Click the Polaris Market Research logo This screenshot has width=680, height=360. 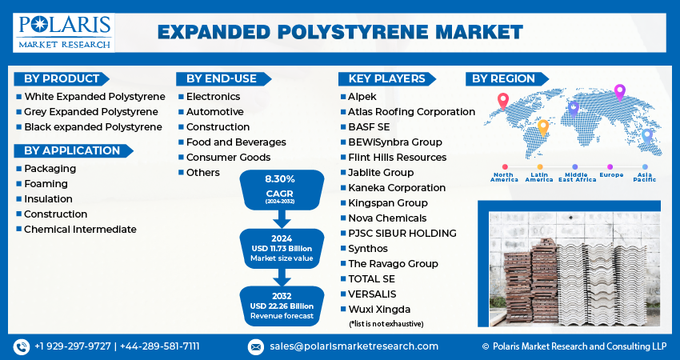pos(63,32)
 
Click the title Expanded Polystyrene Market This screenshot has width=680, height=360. pos(340,32)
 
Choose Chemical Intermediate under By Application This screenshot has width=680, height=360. pos(80,229)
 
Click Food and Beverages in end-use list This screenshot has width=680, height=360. pos(236,142)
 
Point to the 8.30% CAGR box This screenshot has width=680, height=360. pos(280,190)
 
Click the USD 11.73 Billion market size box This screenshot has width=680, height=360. pos(280,249)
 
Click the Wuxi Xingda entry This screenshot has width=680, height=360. pos(379,309)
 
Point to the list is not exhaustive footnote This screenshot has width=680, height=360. pos(386,323)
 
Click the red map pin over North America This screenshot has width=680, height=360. pos(502,100)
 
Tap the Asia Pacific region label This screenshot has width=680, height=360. pos(645,177)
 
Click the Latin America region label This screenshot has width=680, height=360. pos(539,177)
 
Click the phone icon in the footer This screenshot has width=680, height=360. pos(22,346)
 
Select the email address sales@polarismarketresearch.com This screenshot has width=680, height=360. pos(353,346)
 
